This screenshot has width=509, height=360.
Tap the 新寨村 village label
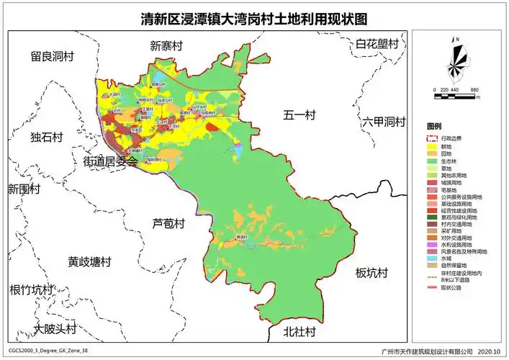pos(166,46)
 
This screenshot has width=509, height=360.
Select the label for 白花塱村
pos(377,45)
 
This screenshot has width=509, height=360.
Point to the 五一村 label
pos(299,114)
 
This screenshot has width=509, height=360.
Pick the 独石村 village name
pos(47,137)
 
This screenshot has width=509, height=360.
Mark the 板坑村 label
pos(371,274)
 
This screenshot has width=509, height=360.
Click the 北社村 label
pos(299,332)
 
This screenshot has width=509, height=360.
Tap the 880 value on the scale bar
pos(474,89)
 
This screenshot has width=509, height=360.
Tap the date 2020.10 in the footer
pos(487,352)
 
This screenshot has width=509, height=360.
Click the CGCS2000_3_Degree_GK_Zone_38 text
pos(48,351)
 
